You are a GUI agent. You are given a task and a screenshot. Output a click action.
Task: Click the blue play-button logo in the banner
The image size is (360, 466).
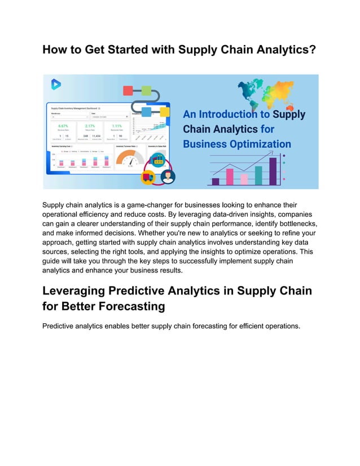click(56, 84)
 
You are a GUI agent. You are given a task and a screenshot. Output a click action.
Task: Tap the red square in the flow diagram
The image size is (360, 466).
click(128, 90)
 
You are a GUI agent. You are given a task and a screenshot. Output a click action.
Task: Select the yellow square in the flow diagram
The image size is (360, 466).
click(164, 111)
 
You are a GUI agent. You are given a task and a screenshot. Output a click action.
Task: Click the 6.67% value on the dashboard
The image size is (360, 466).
click(63, 126)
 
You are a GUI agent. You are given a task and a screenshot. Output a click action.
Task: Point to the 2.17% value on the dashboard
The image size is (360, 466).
click(90, 126)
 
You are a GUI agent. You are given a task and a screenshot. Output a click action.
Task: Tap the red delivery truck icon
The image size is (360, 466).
click(148, 178)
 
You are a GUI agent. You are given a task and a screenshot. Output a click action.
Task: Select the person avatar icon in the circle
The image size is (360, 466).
click(167, 178)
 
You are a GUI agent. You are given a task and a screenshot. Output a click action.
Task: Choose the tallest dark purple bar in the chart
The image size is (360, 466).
click(273, 171)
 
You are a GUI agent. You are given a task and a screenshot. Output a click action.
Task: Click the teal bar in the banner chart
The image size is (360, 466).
click(258, 175)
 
